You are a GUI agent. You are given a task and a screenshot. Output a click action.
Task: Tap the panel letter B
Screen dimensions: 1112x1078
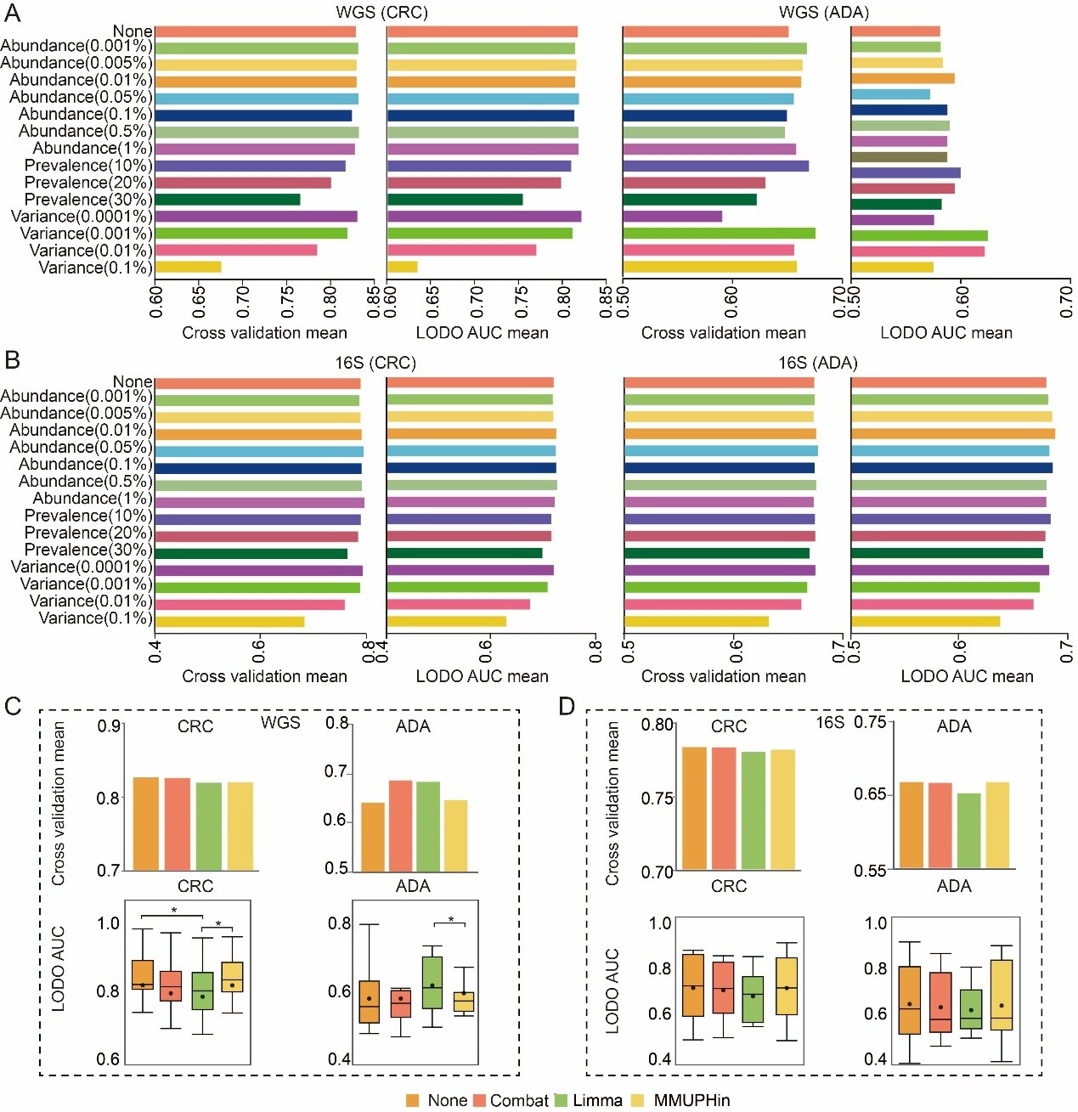12,359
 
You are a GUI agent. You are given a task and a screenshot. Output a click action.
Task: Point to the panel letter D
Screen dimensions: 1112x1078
567,706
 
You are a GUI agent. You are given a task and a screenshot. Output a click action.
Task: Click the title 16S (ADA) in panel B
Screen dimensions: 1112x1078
817,363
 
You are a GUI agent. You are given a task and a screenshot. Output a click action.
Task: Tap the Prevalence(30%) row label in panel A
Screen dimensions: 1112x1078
88,200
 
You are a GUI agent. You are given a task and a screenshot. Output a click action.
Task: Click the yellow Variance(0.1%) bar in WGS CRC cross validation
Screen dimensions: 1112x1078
189,268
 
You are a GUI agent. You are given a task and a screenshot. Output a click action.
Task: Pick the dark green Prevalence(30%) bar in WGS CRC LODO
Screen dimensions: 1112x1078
454,200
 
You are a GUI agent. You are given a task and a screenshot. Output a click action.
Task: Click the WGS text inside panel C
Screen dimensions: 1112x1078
280,722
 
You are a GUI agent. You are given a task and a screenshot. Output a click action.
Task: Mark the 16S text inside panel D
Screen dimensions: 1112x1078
830,722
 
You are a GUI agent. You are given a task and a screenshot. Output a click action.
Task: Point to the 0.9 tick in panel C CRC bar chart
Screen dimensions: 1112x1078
108,726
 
